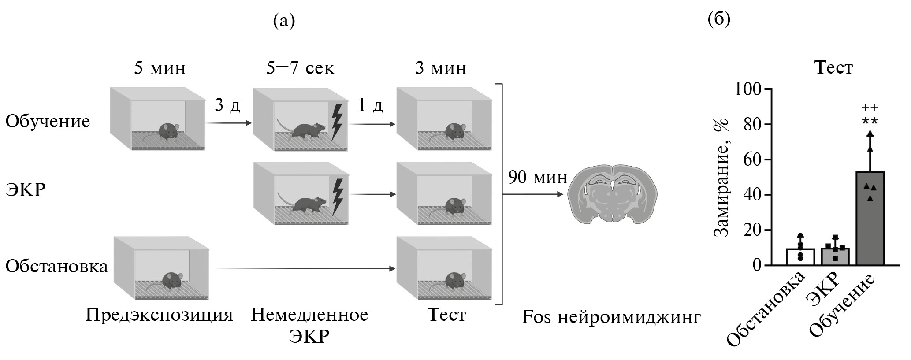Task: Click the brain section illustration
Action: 612,194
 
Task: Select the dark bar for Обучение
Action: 870,220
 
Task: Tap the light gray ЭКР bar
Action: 835,257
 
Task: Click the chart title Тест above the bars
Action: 833,67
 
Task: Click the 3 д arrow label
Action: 227,105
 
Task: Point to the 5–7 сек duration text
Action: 300,68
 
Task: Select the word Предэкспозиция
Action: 159,315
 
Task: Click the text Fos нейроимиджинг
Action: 611,317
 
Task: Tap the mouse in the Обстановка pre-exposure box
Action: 171,280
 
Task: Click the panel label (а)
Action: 284,20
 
